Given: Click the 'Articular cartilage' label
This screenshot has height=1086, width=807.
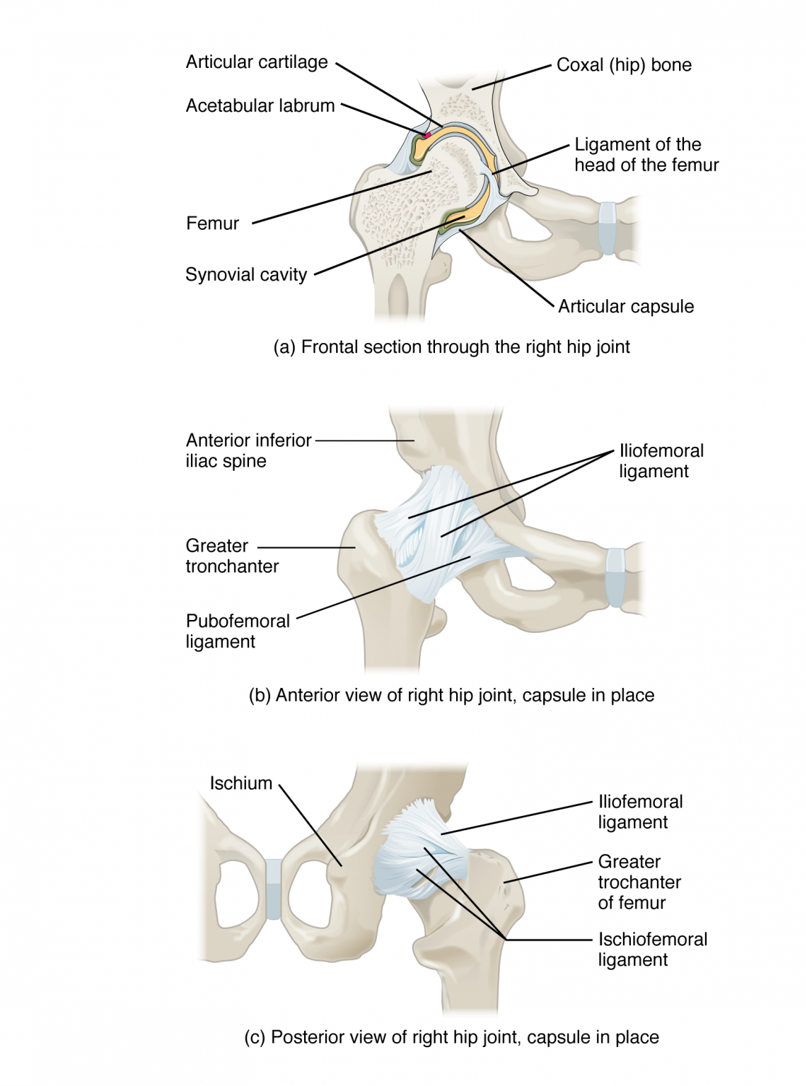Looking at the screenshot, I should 257,62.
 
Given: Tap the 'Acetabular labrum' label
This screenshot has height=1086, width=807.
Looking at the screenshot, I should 260,106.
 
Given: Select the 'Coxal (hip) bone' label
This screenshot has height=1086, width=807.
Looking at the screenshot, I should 624,65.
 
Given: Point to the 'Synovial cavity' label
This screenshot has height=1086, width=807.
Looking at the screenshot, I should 246,274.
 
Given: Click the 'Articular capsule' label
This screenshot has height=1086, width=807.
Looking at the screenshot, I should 626,306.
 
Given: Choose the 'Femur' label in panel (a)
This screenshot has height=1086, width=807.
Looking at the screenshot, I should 212,223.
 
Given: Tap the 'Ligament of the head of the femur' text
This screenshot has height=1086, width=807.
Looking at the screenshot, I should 646,155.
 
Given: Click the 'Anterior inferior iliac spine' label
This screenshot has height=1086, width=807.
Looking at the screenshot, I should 248,450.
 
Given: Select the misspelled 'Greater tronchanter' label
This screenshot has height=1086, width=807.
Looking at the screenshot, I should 231,556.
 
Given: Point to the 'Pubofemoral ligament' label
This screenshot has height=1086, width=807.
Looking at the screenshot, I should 238,631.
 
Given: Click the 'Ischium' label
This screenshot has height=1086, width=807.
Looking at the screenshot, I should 240,783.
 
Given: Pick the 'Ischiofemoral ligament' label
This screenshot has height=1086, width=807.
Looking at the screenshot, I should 652,949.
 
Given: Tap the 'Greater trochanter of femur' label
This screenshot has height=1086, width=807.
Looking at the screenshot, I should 639,882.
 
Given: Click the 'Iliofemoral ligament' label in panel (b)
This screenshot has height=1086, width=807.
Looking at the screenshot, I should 661,461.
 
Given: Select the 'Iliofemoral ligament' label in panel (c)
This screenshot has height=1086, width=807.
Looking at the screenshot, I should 640,812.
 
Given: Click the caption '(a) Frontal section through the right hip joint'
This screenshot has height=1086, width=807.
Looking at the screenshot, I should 451,347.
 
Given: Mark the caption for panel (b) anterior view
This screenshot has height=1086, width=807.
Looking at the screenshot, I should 451,695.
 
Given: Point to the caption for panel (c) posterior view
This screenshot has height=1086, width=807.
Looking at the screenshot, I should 451,1037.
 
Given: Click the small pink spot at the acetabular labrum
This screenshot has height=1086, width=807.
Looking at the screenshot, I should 426,134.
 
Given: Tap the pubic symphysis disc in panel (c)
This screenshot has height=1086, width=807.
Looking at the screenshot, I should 273,889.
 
